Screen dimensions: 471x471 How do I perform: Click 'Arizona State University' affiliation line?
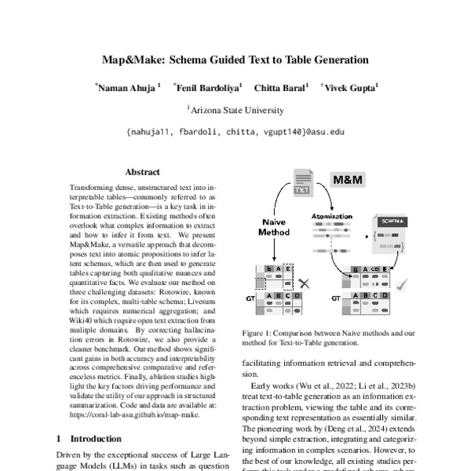[235, 111]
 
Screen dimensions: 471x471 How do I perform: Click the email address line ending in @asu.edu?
[235, 132]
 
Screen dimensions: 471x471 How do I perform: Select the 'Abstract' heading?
[142, 172]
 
